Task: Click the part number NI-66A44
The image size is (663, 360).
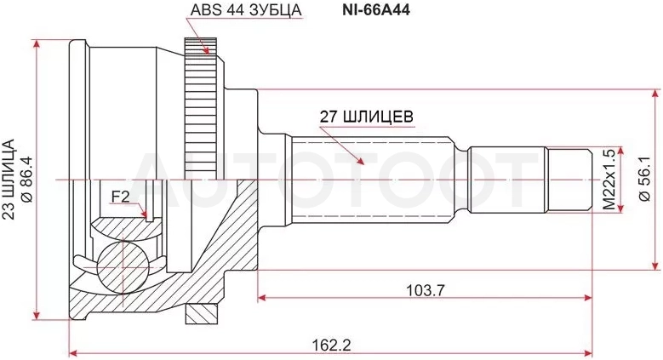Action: pyautogui.click(x=376, y=10)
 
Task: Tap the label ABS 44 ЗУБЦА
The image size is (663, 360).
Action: pyautogui.click(x=246, y=10)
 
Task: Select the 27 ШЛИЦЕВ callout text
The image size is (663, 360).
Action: pyautogui.click(x=366, y=116)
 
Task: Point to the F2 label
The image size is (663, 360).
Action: pyautogui.click(x=120, y=197)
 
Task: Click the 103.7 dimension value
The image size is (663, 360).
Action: pyautogui.click(x=426, y=290)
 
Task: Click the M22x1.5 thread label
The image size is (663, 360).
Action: pyautogui.click(x=609, y=180)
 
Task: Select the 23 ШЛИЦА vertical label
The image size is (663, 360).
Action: pyautogui.click(x=9, y=179)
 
